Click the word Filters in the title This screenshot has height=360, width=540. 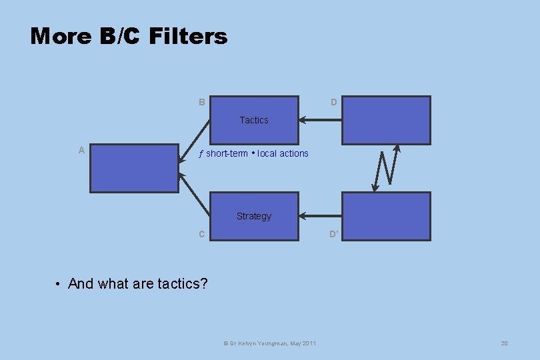point(189,36)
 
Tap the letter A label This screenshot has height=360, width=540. point(81,150)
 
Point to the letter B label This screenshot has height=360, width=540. point(201,102)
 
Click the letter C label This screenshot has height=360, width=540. point(201,234)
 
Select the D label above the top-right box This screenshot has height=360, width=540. point(333,102)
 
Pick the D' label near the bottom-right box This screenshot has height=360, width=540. point(334,234)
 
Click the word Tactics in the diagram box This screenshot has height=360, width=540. point(254,120)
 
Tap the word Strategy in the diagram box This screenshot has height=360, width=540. point(254,216)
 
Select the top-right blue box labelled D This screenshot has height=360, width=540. point(386,120)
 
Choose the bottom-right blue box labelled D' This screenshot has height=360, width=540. point(386,216)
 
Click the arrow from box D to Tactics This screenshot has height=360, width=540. point(320,121)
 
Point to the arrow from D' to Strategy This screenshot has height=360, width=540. point(320,216)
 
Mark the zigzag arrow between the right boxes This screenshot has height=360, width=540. point(387,168)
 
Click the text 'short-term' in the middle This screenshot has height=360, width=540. point(226,153)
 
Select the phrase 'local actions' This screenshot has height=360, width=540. point(283,153)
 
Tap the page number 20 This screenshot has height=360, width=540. point(504,343)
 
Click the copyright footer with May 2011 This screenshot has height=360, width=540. point(269,343)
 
